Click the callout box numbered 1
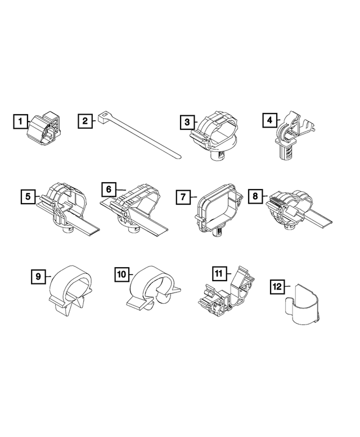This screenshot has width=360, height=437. [21, 121]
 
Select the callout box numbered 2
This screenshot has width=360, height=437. [85, 120]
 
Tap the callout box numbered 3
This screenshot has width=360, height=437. [187, 121]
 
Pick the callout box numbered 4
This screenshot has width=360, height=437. [271, 119]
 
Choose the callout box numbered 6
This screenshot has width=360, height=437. [109, 190]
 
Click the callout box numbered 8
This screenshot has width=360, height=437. [255, 196]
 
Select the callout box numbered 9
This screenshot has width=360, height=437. [38, 276]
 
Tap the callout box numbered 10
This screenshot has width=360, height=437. [121, 274]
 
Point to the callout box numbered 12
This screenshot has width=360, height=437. [277, 287]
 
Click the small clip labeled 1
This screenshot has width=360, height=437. [43, 127]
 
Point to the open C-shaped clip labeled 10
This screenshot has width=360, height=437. [152, 287]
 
